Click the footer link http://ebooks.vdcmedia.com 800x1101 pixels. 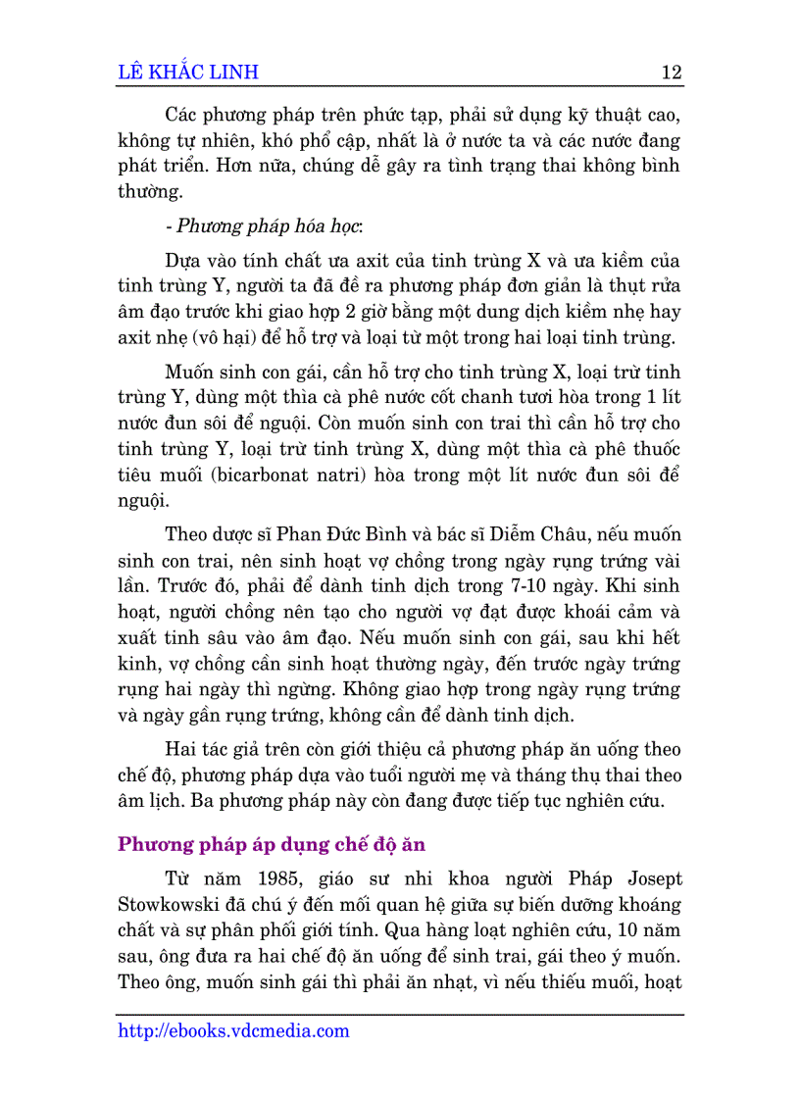[233, 1030]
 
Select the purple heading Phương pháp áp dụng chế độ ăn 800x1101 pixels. [271, 844]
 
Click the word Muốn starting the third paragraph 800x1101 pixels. [191, 373]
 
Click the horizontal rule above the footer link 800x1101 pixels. [400, 1015]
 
